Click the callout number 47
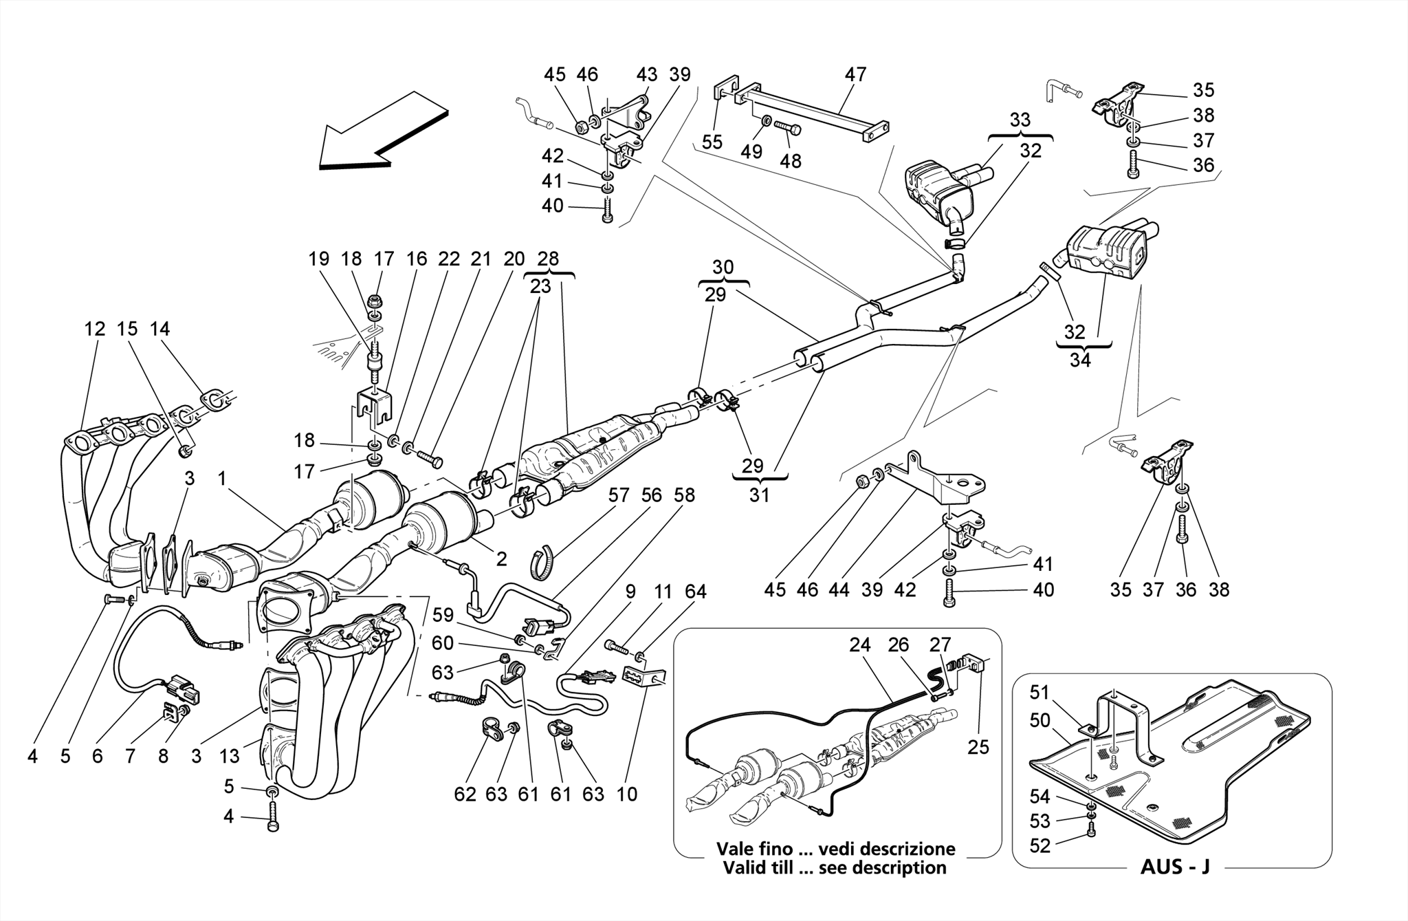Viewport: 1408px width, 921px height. (855, 74)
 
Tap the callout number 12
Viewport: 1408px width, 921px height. (95, 329)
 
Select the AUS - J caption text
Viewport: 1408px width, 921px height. (1175, 867)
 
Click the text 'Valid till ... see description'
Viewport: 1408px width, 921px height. (835, 867)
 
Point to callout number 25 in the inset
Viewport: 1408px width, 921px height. (978, 746)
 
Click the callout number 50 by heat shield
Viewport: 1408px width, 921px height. (1039, 720)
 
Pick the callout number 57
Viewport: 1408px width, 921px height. (619, 495)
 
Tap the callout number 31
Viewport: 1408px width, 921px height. (759, 495)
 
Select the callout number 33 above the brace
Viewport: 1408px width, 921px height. (1020, 120)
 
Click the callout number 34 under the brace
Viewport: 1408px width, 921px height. (1080, 360)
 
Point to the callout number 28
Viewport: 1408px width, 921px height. (548, 259)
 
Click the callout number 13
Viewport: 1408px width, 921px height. (229, 757)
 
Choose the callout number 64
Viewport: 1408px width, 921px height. (695, 592)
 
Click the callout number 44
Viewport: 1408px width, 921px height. (840, 590)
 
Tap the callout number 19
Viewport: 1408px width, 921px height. (318, 259)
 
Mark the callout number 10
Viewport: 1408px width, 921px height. (626, 794)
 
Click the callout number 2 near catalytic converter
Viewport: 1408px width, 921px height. (501, 559)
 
